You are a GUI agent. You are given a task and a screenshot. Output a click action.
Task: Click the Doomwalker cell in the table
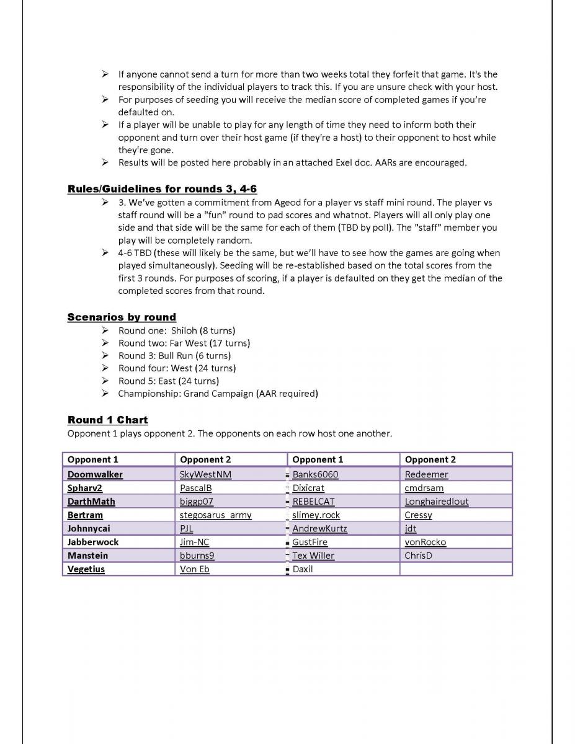[95, 474]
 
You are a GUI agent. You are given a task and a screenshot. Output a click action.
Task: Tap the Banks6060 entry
[315, 474]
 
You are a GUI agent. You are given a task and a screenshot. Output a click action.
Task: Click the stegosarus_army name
[215, 515]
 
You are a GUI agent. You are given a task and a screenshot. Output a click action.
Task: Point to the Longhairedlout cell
[437, 502]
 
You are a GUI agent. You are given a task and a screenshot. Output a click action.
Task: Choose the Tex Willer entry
[313, 556]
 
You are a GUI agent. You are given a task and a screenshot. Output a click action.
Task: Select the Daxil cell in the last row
[303, 569]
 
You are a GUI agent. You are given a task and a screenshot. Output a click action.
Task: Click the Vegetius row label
[86, 569]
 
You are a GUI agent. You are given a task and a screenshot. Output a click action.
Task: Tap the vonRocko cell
[425, 542]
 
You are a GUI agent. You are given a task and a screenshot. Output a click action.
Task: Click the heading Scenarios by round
[122, 317]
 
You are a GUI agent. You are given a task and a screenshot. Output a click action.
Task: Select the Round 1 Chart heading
[107, 420]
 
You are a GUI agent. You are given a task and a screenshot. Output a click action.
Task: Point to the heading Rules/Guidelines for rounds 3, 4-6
[162, 189]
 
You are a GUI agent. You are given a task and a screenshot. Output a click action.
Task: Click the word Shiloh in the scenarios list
[184, 330]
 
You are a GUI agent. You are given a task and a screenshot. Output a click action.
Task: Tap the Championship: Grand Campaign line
[218, 394]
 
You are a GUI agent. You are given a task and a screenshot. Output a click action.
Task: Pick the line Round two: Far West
[184, 343]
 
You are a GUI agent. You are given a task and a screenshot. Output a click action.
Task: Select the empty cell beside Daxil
[456, 569]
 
